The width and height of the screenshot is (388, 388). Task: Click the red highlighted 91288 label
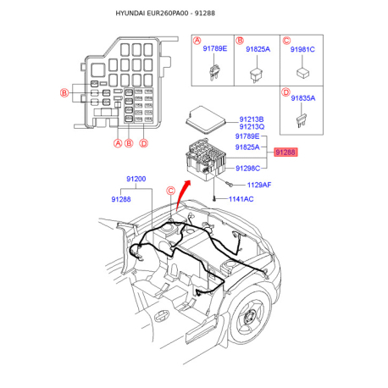(285, 152)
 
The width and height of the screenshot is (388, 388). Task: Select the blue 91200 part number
(136, 179)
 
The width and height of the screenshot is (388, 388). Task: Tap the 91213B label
(252, 119)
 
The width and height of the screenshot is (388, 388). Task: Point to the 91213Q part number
(252, 127)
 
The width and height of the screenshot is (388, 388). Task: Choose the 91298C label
(247, 169)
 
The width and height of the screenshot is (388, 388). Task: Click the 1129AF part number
(259, 185)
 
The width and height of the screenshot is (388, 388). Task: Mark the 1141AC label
(241, 199)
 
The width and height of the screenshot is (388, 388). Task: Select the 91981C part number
(302, 49)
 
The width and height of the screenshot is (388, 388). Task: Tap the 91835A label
(303, 98)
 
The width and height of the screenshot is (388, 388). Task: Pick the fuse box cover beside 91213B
(206, 119)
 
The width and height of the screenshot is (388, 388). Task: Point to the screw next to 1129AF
(229, 185)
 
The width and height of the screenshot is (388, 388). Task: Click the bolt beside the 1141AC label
(214, 199)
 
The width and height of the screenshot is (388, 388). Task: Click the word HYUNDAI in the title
(130, 14)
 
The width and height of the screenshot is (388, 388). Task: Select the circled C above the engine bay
(171, 191)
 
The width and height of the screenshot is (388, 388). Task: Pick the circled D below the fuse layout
(144, 143)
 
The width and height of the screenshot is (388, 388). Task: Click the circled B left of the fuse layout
(64, 92)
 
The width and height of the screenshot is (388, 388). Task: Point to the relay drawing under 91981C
(302, 73)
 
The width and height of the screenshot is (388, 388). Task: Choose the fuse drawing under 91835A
(302, 120)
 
